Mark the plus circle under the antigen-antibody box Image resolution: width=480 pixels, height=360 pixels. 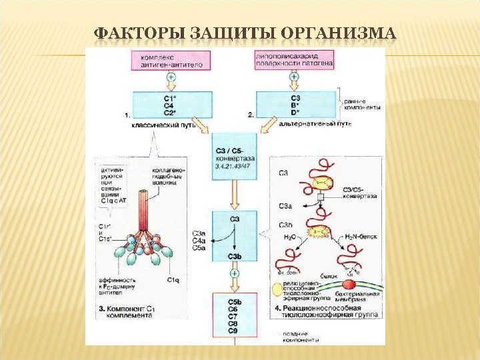(172, 78)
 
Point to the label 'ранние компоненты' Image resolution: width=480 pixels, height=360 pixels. (363, 104)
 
